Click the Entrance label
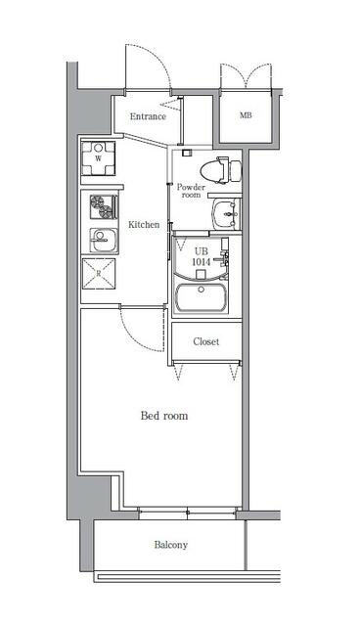148,116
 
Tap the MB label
246,115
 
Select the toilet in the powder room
221,169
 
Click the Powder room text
191,191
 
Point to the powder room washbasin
226,213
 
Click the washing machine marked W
98,158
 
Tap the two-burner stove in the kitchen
104,206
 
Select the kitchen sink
104,241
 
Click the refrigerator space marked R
98,274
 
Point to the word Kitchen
144,224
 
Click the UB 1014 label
202,256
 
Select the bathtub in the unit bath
201,297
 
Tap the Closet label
206,341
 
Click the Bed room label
164,416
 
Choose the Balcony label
171,545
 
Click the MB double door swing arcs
246,75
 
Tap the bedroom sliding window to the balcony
188,513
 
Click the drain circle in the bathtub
202,290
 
